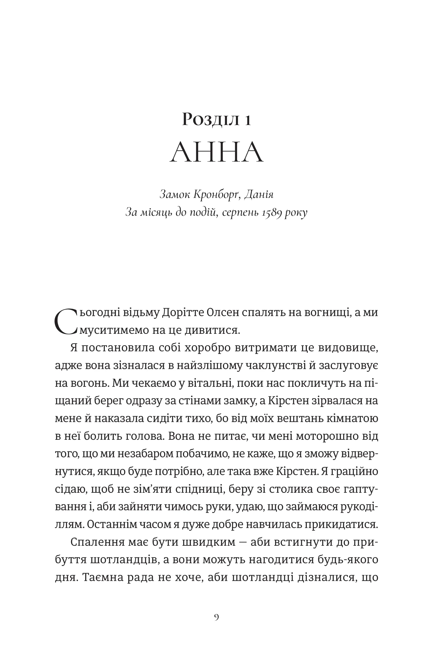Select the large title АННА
click(217, 152)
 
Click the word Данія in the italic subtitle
click(259, 194)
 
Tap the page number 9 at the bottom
click(217, 617)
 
